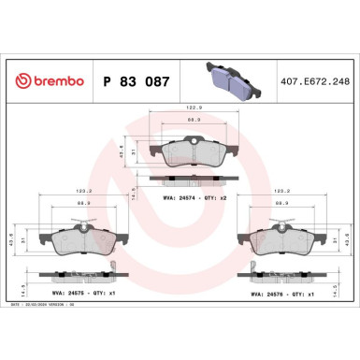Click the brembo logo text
(x=45, y=80)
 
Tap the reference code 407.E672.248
(x=315, y=80)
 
